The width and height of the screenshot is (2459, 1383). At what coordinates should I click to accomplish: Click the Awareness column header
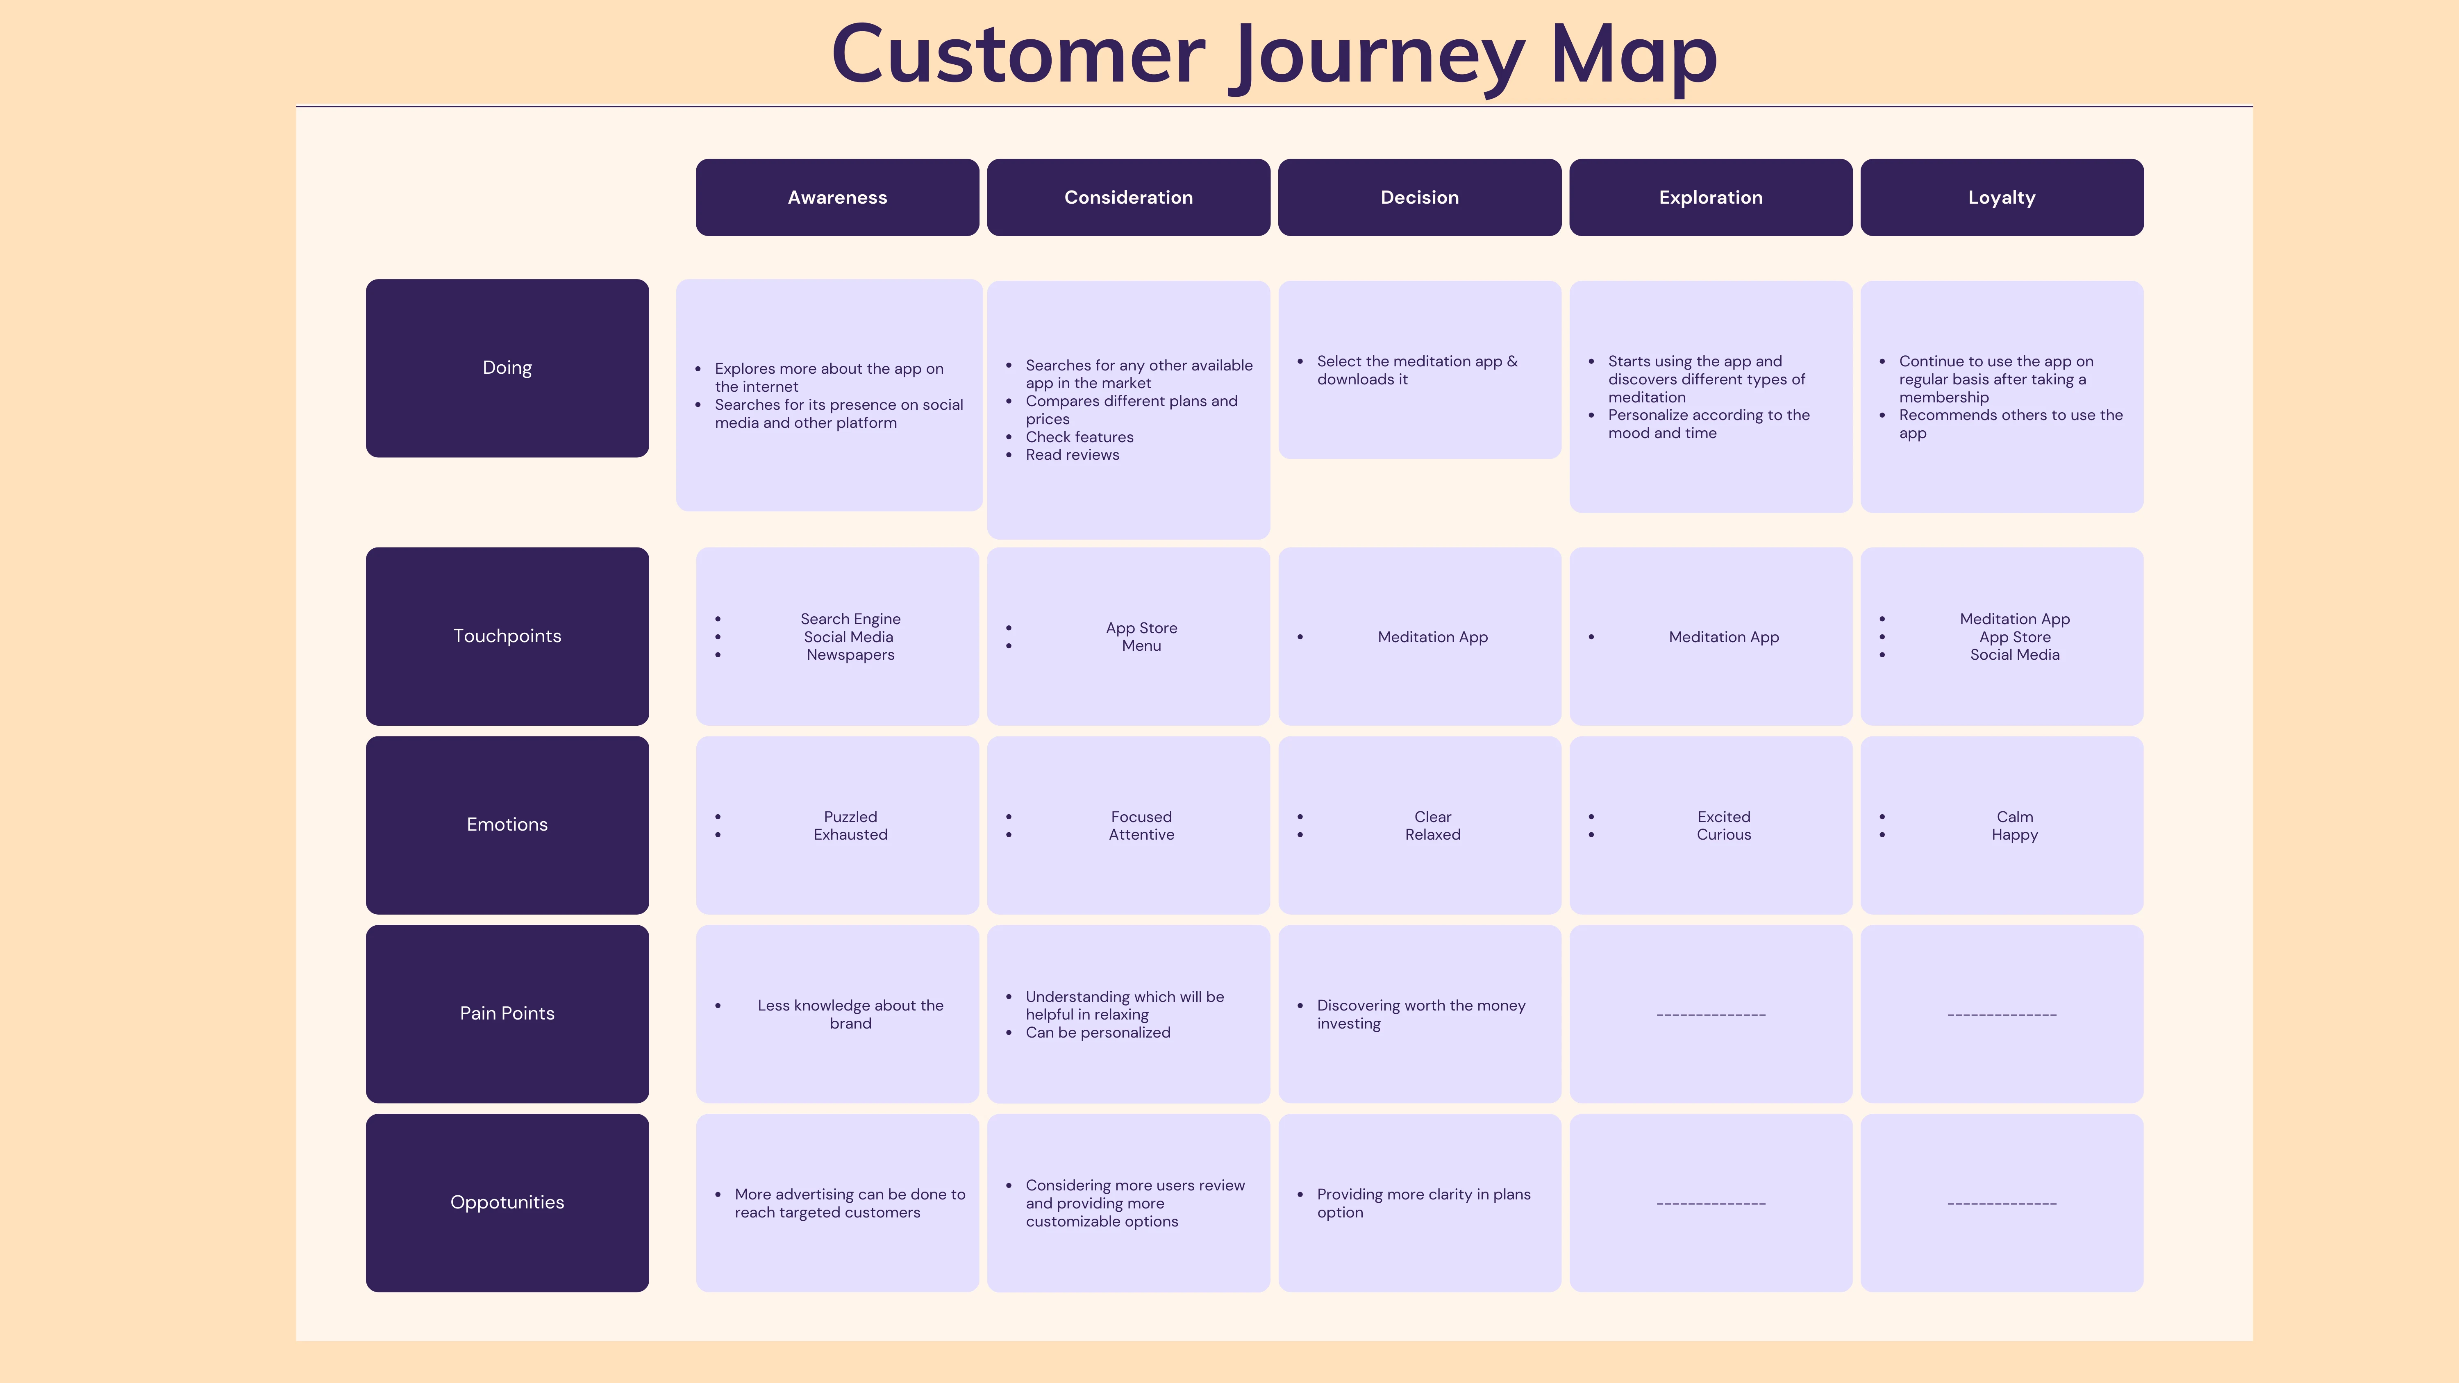coord(837,198)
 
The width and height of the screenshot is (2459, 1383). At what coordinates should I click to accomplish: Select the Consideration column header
coord(1128,198)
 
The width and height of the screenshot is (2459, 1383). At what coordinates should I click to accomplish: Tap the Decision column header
coord(1420,198)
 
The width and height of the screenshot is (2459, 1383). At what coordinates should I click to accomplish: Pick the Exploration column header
coord(1711,198)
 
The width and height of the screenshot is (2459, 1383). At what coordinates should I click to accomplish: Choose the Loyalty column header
coord(2002,198)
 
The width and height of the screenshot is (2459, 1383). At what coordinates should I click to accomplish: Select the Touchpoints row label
coord(507,636)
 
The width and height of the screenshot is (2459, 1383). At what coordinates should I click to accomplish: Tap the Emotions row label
coord(507,824)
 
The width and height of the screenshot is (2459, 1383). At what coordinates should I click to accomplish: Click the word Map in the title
coord(1633,57)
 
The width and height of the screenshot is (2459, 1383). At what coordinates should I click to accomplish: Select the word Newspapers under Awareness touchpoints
coord(850,655)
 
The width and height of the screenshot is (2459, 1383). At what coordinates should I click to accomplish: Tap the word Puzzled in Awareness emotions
coord(850,817)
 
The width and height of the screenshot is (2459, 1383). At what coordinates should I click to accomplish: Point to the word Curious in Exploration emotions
coord(1724,834)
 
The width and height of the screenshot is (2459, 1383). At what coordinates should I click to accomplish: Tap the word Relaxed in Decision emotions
coord(1433,834)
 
